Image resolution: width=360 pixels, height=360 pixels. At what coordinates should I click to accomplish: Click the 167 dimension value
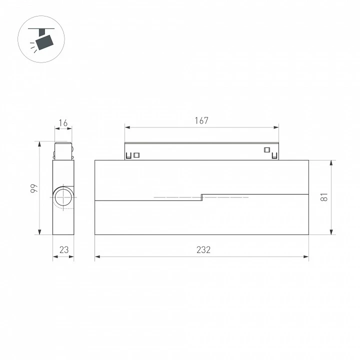click(201, 120)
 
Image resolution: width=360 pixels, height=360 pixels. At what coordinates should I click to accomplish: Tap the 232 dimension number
click(203, 250)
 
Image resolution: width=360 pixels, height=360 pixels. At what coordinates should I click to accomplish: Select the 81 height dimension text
click(324, 197)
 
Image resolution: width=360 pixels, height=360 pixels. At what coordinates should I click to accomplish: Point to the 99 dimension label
click(34, 188)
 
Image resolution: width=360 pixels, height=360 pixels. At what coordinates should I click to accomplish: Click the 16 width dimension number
click(63, 123)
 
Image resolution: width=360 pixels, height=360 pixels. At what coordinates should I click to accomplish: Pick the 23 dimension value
click(64, 250)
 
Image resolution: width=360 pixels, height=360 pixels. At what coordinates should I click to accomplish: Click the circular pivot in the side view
click(63, 197)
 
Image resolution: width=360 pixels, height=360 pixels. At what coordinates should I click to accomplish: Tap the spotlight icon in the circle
click(41, 39)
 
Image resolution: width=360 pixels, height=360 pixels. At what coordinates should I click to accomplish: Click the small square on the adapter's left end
click(136, 155)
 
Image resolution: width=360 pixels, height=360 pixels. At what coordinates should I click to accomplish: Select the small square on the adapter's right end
click(267, 150)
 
